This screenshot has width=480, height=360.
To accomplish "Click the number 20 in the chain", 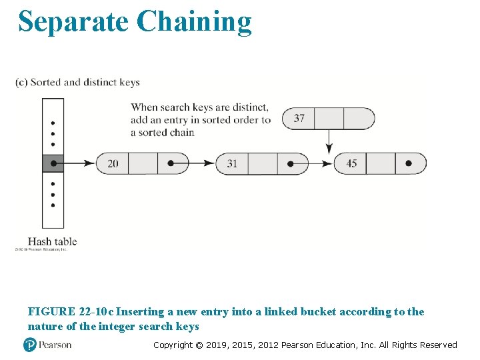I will [113, 163].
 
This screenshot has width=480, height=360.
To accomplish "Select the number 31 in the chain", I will [232, 163].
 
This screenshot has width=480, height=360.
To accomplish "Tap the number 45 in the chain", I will [351, 163].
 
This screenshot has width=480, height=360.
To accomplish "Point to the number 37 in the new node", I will [299, 118].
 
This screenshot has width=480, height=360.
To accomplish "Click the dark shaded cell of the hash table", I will [53, 163].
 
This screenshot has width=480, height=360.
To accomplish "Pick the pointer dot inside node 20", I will [171, 163].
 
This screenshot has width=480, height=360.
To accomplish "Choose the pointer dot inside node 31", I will [291, 163].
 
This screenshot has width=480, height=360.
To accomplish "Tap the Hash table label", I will [52, 241].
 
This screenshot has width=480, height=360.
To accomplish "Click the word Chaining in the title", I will [194, 21].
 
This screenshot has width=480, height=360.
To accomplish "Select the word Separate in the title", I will [73, 21].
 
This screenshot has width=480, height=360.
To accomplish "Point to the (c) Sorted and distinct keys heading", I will [77, 83].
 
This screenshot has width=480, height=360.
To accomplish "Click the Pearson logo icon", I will [29, 345].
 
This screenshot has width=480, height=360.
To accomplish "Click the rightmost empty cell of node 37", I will [359, 118].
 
